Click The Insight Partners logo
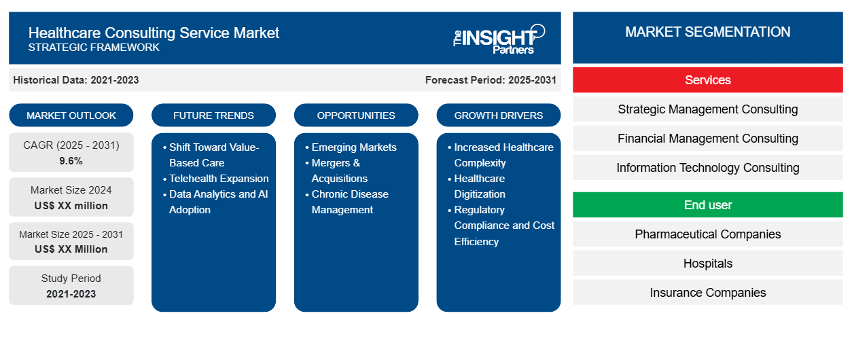499,38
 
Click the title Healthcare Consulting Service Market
154,33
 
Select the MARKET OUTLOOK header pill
71,115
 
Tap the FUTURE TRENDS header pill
213,115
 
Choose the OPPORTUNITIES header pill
356,115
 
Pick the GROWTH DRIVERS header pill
499,115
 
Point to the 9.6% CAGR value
71,161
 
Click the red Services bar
707,80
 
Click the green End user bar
707,205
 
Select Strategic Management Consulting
707,109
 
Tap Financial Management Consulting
707,139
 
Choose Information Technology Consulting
707,168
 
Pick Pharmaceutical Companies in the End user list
707,234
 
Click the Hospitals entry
707,264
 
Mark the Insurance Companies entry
707,293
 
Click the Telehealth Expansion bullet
219,179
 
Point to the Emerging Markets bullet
354,147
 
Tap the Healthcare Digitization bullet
480,186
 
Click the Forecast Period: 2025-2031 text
491,80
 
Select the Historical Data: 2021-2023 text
76,80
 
